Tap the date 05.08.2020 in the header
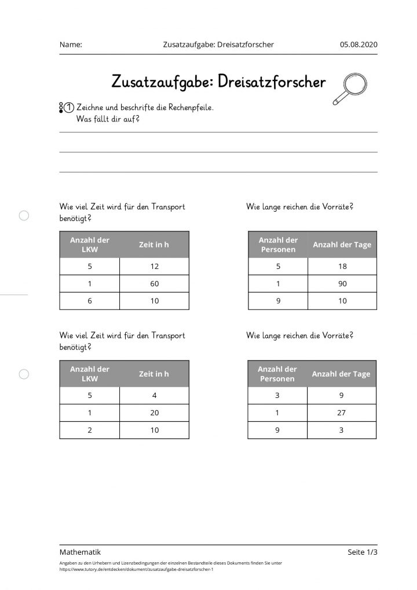pyautogui.click(x=359, y=45)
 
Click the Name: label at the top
pyautogui.click(x=71, y=45)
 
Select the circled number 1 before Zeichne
pyautogui.click(x=69, y=108)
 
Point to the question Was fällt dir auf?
pyautogui.click(x=108, y=119)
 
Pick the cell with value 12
pyautogui.click(x=154, y=266)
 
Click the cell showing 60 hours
pyautogui.click(x=154, y=283)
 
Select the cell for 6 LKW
pyautogui.click(x=89, y=301)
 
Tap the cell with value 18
pyautogui.click(x=342, y=266)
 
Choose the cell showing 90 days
pyautogui.click(x=342, y=283)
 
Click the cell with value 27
pyautogui.click(x=341, y=413)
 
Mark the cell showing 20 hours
pyautogui.click(x=154, y=413)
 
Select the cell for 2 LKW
pyautogui.click(x=89, y=430)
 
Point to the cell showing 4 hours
pyautogui.click(x=154, y=396)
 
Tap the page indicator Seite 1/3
pyautogui.click(x=363, y=552)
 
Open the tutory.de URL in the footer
pyautogui.click(x=136, y=569)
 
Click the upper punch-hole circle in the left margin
pyautogui.click(x=24, y=216)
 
